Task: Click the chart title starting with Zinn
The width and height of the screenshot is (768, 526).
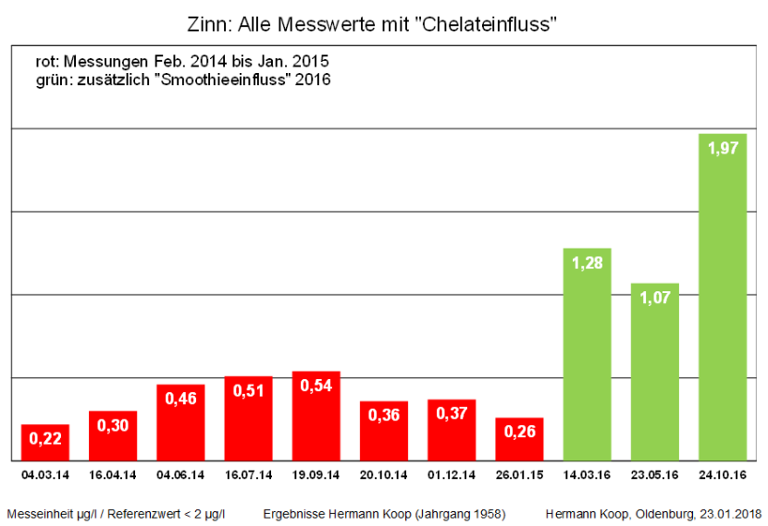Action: pos(383,24)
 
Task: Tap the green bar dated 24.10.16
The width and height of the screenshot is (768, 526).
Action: pos(723,305)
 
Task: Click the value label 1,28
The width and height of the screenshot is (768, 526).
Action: pos(587,263)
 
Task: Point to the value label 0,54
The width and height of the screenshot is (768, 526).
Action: pos(316,385)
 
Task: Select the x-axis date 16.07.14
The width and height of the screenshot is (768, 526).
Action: pos(248,475)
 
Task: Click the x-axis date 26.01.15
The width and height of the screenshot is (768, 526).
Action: pos(519,475)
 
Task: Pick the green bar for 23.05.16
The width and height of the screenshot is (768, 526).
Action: pos(655,379)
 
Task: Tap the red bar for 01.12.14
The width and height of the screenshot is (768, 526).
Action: pos(452,434)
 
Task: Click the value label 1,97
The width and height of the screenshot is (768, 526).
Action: pos(723,148)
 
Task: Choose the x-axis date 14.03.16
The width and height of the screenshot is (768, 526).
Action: pos(587,475)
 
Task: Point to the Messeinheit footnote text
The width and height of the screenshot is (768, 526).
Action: pos(116,513)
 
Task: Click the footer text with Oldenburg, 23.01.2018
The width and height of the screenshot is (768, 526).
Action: pos(653,513)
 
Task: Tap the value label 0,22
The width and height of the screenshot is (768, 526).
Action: pos(45,439)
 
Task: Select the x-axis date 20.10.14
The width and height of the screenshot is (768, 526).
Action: pos(384,475)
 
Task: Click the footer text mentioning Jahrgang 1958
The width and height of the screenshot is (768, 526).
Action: pos(384,513)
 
